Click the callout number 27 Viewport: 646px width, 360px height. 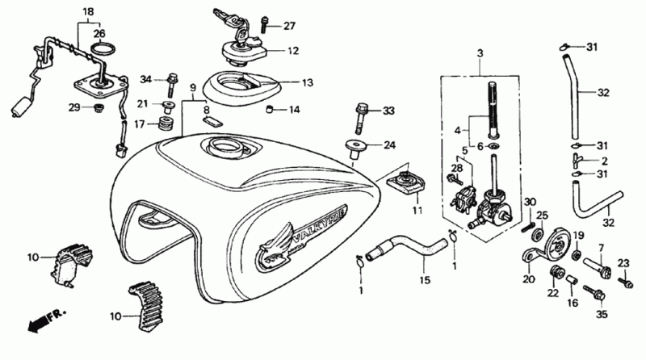click(x=289, y=26)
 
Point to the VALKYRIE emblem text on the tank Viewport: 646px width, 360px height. click(x=319, y=227)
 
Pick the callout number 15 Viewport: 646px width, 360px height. click(x=425, y=281)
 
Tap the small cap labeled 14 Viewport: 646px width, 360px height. click(x=270, y=110)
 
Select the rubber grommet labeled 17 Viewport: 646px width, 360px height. click(x=165, y=123)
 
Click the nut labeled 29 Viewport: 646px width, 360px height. click(x=99, y=108)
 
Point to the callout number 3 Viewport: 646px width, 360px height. click(x=480, y=53)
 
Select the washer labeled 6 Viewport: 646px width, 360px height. click(x=493, y=147)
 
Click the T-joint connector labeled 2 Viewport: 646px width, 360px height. click(x=577, y=160)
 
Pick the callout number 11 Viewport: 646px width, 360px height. click(x=417, y=211)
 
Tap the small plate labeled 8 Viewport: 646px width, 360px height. click(x=212, y=121)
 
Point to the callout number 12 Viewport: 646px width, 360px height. click(x=293, y=51)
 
